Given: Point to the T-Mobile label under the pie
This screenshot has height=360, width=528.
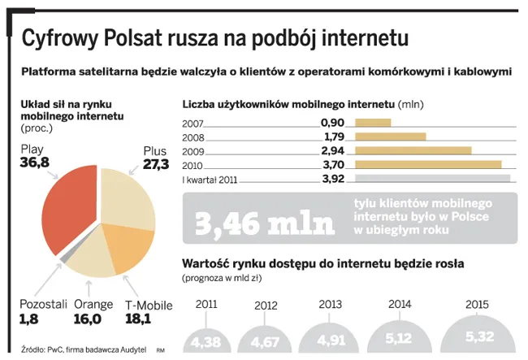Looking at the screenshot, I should (x=149, y=305).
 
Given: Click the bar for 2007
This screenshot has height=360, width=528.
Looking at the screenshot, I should (x=373, y=124).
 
